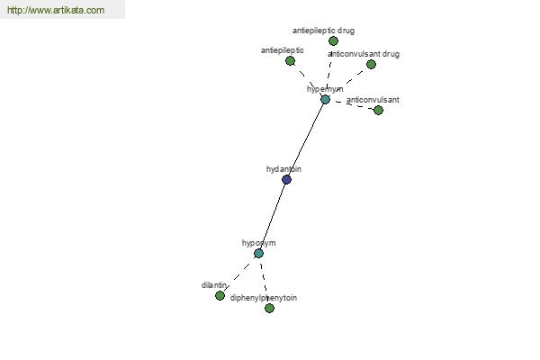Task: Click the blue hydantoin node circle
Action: coord(286,180)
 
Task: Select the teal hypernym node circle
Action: coord(325,100)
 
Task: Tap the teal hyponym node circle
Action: coord(258,254)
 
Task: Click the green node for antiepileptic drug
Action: coord(333,41)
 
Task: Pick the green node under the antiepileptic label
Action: coord(290,61)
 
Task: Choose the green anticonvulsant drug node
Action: coord(371,65)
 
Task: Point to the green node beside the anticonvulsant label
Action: coord(378,111)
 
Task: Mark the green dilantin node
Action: coord(220,296)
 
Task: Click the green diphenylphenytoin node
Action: coord(269,309)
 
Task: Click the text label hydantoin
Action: coord(283,169)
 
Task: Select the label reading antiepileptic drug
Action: coord(323,31)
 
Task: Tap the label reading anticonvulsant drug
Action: coord(364,54)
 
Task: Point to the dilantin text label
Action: coord(214,285)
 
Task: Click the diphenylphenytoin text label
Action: coord(263,298)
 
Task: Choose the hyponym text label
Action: coord(258,243)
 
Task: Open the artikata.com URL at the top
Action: coord(56,11)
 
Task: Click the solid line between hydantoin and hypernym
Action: coord(306,139)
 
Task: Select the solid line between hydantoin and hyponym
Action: coord(273,216)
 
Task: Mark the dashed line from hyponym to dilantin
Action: coord(239,274)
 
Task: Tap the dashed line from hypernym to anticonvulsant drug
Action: coord(348,82)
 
